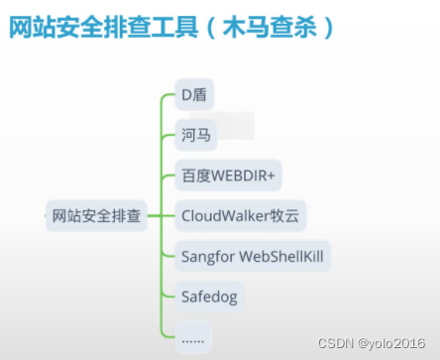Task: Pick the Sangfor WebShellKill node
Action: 253,255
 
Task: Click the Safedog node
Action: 209,296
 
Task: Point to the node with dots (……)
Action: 192,336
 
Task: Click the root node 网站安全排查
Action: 97,214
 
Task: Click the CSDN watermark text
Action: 336,342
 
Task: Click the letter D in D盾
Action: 185,96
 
